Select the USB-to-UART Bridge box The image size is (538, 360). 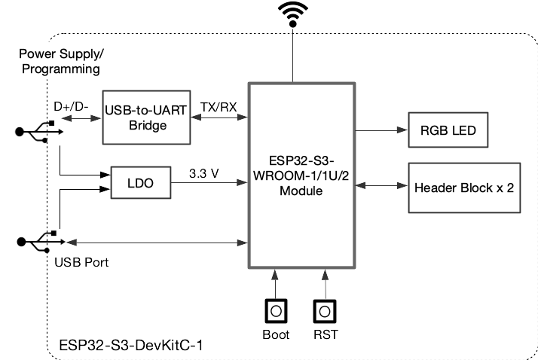point(146,118)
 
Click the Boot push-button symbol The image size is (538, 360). point(277,310)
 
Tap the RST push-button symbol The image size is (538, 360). point(325,310)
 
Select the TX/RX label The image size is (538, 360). point(219,107)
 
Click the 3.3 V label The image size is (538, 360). point(204,172)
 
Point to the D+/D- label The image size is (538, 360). point(72,106)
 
